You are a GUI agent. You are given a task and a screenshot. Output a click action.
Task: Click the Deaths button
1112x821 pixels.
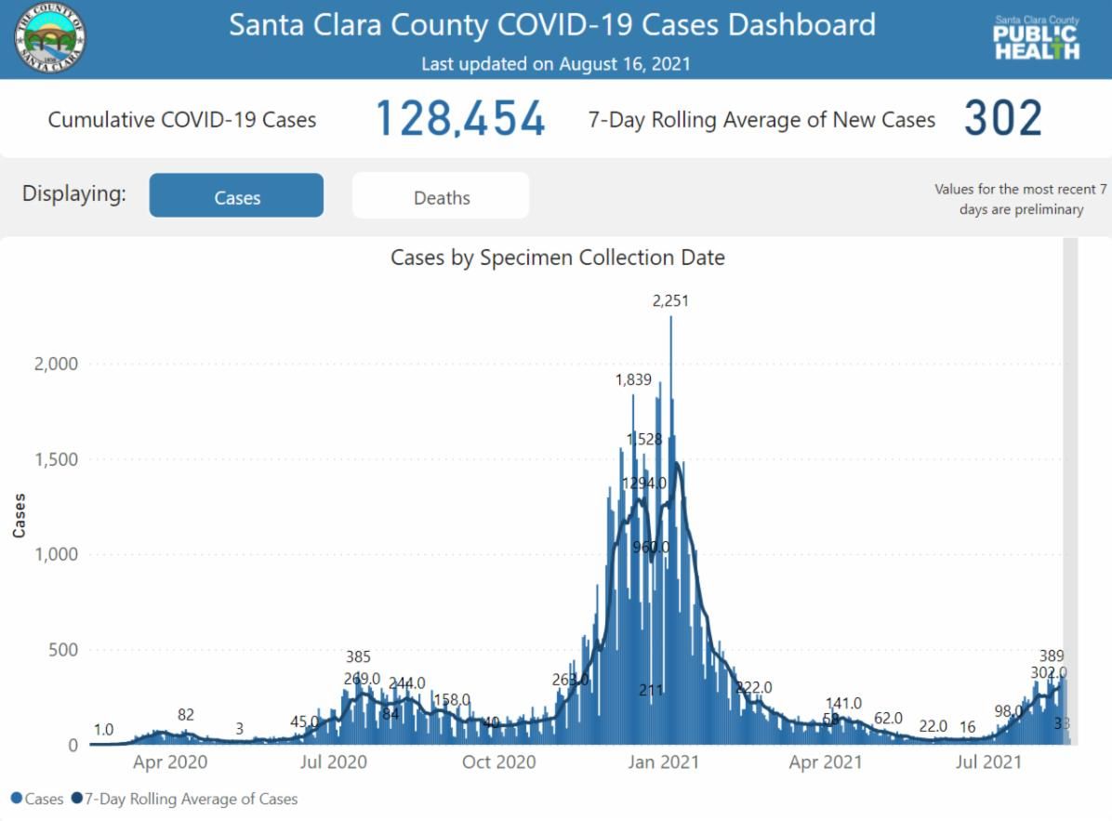tap(441, 197)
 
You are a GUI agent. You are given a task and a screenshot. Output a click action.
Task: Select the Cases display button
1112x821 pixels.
tap(236, 197)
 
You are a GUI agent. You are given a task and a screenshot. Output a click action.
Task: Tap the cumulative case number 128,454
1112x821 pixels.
tap(459, 120)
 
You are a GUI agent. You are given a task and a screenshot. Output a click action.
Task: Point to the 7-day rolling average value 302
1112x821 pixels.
tap(1002, 120)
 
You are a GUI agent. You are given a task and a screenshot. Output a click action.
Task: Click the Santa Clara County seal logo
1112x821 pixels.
tap(51, 39)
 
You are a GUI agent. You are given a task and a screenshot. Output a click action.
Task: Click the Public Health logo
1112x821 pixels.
tap(1037, 39)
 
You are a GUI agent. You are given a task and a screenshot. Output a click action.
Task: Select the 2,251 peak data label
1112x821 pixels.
tap(670, 300)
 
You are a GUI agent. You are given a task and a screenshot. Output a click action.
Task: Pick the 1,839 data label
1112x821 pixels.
tap(633, 379)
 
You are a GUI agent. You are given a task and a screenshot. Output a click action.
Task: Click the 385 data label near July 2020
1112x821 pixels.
tap(358, 657)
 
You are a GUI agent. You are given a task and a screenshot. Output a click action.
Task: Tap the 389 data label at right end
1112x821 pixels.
tap(1052, 655)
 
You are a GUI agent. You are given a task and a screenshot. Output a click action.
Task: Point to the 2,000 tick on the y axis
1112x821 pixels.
tap(57, 364)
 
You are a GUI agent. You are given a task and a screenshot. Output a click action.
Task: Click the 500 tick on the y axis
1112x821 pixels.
tap(63, 650)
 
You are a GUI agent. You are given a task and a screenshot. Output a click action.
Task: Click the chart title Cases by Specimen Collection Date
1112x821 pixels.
tap(557, 258)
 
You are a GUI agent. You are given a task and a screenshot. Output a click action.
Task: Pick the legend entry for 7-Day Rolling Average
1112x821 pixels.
tap(191, 799)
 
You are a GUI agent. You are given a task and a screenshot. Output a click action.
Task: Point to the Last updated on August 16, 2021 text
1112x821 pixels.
tap(555, 64)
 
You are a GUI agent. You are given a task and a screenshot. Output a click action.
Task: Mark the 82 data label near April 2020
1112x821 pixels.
tap(186, 715)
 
